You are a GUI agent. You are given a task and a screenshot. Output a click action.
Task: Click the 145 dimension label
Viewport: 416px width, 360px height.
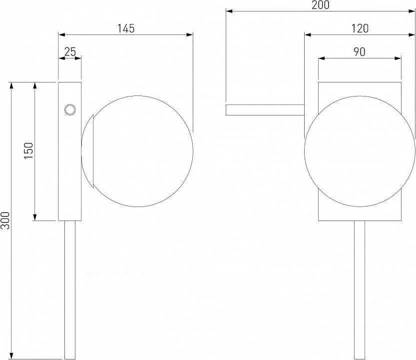126,28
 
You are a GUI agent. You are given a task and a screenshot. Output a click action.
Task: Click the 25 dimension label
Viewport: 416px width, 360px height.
70,52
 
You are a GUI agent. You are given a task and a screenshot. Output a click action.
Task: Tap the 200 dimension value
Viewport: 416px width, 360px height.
321,5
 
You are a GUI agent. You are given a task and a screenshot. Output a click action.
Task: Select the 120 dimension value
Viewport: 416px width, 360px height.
360,28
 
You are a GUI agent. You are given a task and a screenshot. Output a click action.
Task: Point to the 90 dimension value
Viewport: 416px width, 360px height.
360,52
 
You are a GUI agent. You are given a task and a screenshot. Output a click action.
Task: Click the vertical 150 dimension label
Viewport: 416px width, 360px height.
28,150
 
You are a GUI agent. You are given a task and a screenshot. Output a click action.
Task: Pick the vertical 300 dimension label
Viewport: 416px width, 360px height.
5,220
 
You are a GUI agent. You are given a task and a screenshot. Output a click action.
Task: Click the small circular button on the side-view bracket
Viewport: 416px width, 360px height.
70,109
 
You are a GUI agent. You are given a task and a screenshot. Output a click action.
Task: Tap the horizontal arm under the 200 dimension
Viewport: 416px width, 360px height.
265,110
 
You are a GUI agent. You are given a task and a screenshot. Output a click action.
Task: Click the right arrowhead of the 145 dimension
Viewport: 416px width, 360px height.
190,34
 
